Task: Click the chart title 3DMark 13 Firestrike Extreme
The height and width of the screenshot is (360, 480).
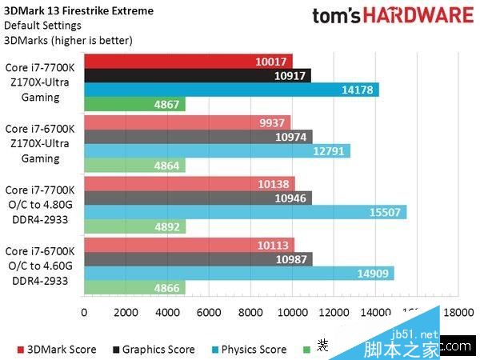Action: pyautogui.click(x=78, y=10)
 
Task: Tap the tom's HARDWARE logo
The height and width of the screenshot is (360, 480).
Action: pyautogui.click(x=392, y=15)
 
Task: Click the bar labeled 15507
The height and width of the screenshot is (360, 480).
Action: pyautogui.click(x=244, y=212)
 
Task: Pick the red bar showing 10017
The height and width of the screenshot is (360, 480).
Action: pyautogui.click(x=188, y=61)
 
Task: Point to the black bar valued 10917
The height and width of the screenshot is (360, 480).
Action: pyautogui.click(x=197, y=75)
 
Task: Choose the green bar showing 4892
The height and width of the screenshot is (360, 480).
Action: pyautogui.click(x=134, y=226)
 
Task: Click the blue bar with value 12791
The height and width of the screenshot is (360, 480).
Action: pyautogui.click(x=216, y=151)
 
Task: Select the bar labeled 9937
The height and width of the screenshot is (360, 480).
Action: pyautogui.click(x=186, y=122)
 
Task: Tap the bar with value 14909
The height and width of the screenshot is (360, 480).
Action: pyautogui.click(x=238, y=274)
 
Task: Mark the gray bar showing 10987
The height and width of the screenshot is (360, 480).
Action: pyautogui.click(x=198, y=259)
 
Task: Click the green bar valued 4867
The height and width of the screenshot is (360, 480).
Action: pyautogui.click(x=134, y=104)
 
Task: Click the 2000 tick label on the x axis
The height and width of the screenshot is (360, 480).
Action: pyautogui.click(x=125, y=312)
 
